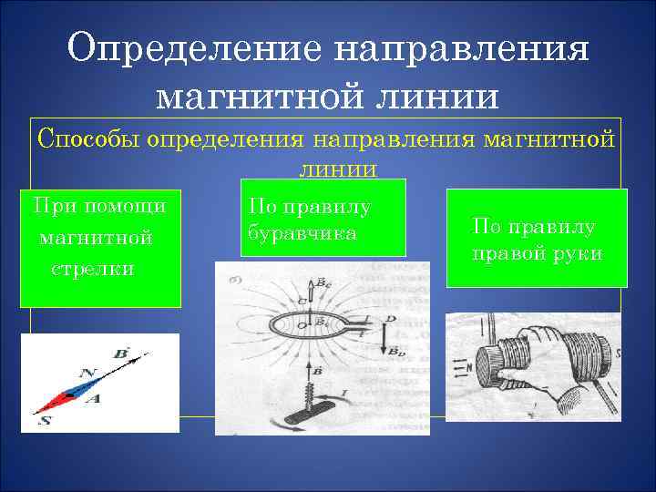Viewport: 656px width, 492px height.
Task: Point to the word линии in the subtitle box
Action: (337, 169)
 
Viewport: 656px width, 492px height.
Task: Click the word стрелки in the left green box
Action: (93, 269)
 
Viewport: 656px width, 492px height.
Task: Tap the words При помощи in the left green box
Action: (99, 206)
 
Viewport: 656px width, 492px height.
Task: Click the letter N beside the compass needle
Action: (88, 373)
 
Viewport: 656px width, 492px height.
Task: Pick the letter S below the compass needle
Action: (45, 420)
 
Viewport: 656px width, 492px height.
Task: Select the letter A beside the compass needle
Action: (93, 400)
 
